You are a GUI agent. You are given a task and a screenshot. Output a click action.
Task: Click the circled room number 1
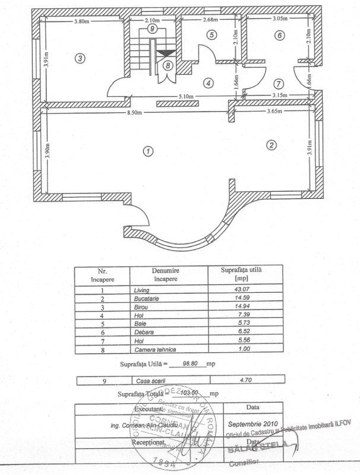pos(147,151)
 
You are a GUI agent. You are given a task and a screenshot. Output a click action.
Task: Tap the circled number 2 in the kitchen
pos(271,145)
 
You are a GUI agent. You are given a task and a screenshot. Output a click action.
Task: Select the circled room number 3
pos(79,58)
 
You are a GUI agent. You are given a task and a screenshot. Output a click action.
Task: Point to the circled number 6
pos(278,35)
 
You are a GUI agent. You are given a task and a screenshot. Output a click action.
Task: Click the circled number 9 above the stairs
pos(153,28)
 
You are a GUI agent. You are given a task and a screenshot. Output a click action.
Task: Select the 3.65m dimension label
pos(277,111)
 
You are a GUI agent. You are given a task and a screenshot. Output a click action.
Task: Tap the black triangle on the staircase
pos(165,53)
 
